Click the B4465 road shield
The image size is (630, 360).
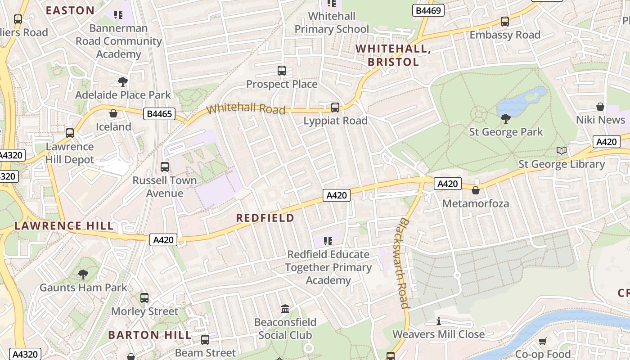(159, 114)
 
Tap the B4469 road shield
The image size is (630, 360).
(428, 10)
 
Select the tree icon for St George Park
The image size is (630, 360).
(506, 119)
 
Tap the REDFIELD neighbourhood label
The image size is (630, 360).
(265, 218)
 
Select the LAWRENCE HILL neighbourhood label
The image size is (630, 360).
(64, 226)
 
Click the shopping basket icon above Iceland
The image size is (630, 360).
(113, 113)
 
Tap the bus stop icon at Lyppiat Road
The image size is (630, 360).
(335, 107)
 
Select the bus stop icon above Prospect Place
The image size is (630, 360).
(282, 71)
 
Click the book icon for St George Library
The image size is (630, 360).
(561, 151)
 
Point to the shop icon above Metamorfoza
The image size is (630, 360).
(476, 190)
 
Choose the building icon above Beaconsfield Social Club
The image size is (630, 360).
(285, 309)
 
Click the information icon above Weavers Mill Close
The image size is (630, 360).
(439, 321)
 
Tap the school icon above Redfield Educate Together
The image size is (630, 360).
(328, 241)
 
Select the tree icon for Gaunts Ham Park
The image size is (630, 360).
(83, 274)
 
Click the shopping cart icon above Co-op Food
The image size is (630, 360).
(543, 341)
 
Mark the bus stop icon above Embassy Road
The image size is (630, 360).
(505, 22)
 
